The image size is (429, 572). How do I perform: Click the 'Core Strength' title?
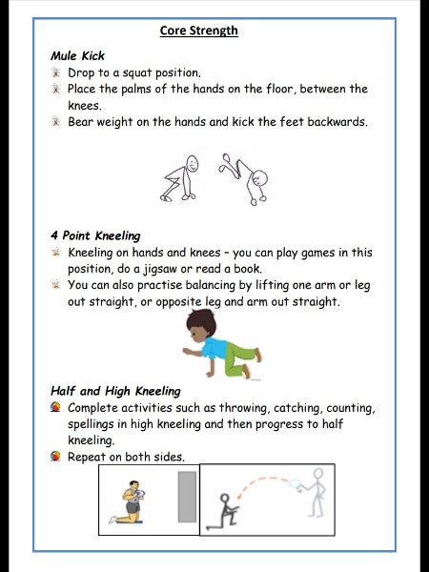(x=199, y=31)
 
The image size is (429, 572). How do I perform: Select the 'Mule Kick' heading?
(x=78, y=56)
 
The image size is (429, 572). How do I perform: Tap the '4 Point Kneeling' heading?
(x=95, y=235)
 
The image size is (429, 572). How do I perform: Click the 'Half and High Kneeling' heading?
(x=115, y=391)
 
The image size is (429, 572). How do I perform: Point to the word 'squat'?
(x=137, y=73)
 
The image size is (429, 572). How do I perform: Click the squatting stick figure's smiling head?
(x=192, y=163)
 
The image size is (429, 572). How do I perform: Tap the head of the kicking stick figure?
(x=259, y=179)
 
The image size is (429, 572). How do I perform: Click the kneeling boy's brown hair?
(x=201, y=320)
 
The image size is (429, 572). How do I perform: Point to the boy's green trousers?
(x=239, y=358)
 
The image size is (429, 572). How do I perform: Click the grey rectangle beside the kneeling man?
(x=187, y=497)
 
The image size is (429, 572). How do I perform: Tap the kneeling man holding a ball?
(x=129, y=502)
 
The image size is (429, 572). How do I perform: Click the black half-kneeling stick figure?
(x=224, y=511)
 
